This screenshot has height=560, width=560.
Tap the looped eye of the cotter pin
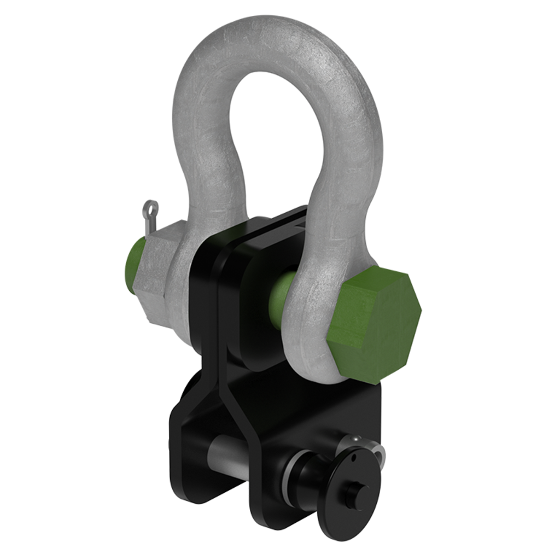(x=150, y=208)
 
